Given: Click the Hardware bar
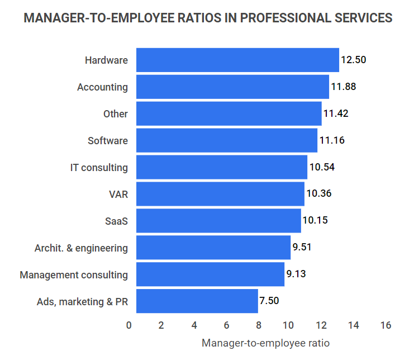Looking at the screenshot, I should (x=237, y=60).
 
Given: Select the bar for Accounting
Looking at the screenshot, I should (x=232, y=87).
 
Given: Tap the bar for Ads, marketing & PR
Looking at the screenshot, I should (x=197, y=301).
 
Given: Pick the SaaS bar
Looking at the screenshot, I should (x=218, y=220).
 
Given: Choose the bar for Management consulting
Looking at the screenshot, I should (x=210, y=274).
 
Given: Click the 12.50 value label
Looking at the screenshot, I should (x=353, y=60).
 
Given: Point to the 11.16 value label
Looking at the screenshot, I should (x=331, y=140).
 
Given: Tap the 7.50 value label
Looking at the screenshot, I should (x=269, y=301).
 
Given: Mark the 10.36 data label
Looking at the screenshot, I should (x=319, y=193).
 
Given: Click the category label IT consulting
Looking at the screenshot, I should (x=99, y=167).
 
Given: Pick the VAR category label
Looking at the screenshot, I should (x=118, y=194).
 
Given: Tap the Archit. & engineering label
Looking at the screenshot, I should (x=81, y=248).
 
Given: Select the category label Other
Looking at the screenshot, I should (x=116, y=113).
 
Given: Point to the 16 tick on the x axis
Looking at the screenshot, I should (x=386, y=325).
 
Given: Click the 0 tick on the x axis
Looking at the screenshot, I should (x=129, y=325).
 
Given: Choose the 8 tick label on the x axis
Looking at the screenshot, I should (x=257, y=325).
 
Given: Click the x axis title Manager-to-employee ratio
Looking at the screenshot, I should (x=265, y=343).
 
